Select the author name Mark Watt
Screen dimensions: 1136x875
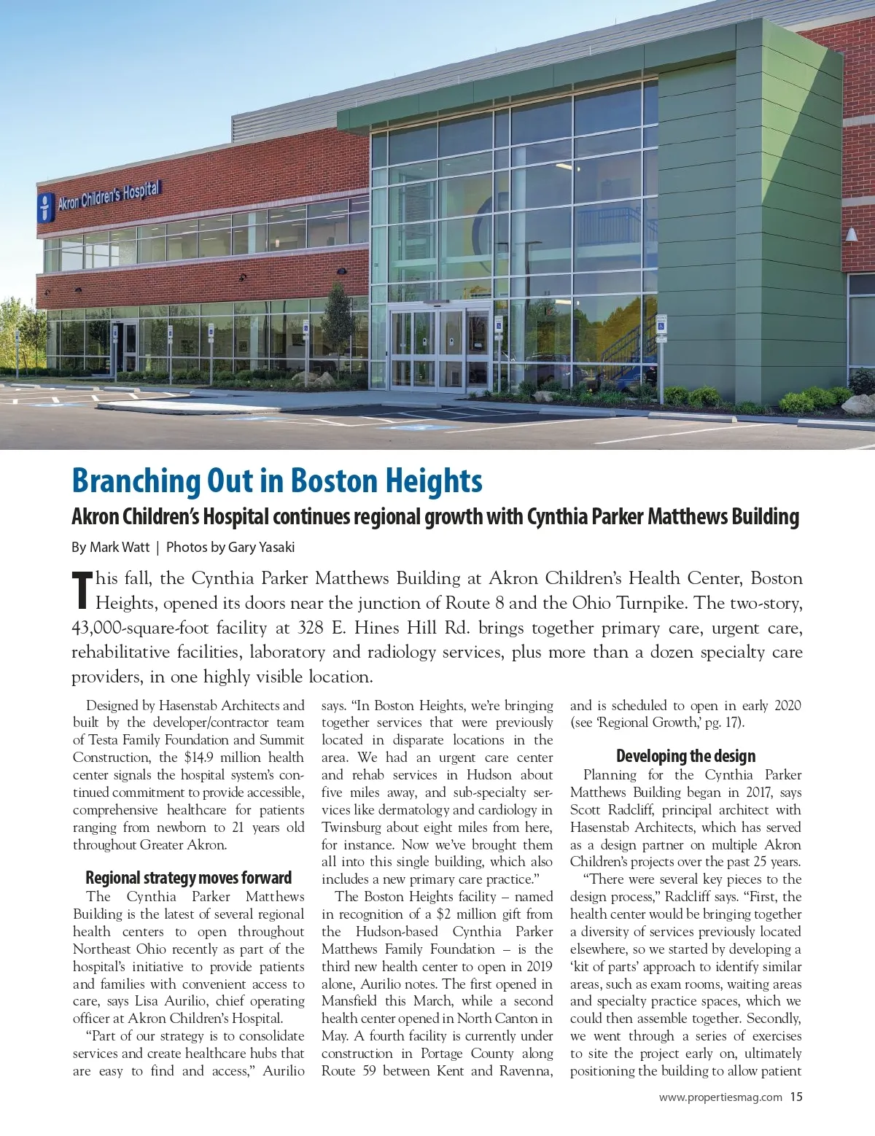click(x=120, y=547)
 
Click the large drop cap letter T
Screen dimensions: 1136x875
click(x=82, y=590)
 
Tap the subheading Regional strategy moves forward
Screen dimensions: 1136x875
click(x=188, y=877)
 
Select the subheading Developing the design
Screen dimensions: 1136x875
click(x=685, y=755)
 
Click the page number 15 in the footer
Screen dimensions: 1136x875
click(x=796, y=1097)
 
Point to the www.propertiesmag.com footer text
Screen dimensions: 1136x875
click(x=720, y=1097)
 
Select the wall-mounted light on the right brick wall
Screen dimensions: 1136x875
click(x=852, y=235)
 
